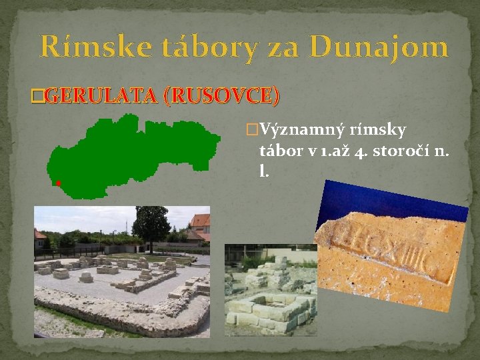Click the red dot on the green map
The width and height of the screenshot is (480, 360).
coord(59,183)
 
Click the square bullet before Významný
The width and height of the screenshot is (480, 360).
coord(251,129)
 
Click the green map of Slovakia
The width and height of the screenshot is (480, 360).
coord(133,157)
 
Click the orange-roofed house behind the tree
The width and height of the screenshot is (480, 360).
coord(199,225)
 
